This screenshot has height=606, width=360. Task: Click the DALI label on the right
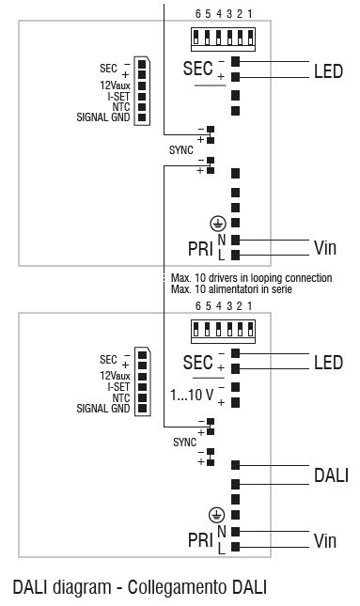pos(330,475)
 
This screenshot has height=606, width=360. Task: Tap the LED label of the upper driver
pos(329,71)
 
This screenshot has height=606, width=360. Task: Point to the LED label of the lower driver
pos(329,363)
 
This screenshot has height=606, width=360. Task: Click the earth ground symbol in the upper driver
pos(217,223)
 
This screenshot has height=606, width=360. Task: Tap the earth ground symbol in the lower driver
pos(217,515)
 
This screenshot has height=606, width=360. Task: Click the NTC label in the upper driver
pos(119,106)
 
